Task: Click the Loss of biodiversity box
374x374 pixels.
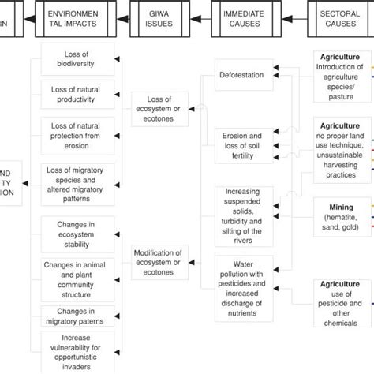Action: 77,59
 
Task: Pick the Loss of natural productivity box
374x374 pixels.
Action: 77,95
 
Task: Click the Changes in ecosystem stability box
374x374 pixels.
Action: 77,234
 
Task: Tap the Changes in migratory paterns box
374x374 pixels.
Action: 77,316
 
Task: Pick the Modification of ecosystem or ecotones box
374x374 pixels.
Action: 161,256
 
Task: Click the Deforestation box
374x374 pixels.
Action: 244,77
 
